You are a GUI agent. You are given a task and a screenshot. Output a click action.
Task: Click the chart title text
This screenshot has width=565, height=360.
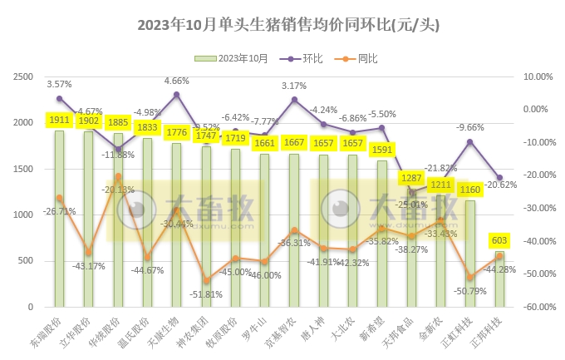click(282, 26)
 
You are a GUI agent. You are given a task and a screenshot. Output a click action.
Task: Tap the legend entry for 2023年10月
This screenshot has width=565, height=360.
click(236, 58)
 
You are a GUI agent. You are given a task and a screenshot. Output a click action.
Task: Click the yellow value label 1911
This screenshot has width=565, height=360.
click(59, 121)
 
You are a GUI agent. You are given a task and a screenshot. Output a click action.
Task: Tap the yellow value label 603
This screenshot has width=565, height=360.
click(500, 241)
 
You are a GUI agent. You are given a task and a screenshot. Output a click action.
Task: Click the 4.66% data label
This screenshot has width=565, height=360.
click(176, 81)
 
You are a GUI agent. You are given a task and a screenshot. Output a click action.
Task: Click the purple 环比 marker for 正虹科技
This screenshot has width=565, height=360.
click(470, 142)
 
